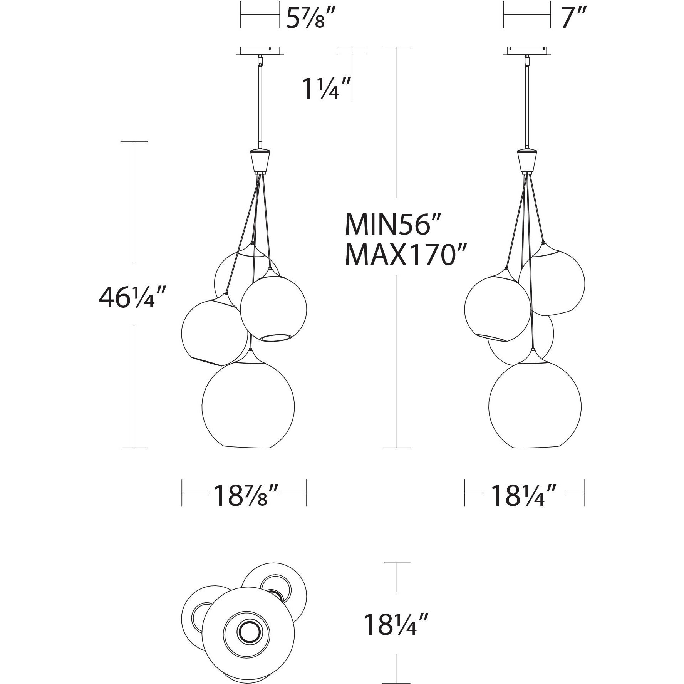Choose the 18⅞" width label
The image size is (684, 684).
[245, 496]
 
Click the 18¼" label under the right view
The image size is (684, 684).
[524, 496]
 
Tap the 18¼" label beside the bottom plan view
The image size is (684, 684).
[396, 635]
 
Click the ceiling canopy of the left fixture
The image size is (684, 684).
[261, 51]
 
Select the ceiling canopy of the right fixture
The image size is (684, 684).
[527, 51]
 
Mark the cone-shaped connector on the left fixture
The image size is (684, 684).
[261, 161]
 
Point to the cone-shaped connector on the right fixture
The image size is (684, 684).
[526, 161]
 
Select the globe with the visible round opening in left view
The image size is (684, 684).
[273, 308]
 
